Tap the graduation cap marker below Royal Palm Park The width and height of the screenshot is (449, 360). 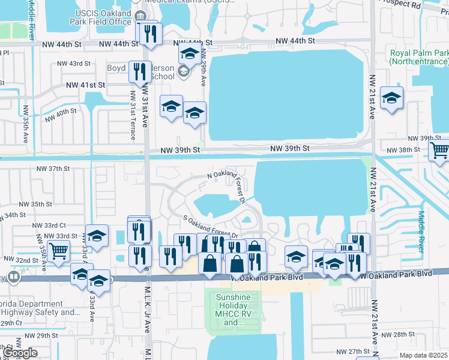click(x=391, y=98)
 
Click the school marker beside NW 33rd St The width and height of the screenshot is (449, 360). click(x=97, y=236)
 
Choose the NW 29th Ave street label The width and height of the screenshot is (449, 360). click(x=204, y=70)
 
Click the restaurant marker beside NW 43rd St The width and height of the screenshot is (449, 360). click(x=139, y=72)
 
